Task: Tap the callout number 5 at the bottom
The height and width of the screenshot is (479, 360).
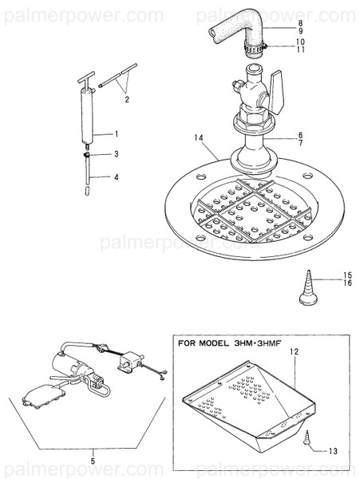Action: click(x=92, y=461)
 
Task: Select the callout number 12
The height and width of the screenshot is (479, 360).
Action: click(x=294, y=351)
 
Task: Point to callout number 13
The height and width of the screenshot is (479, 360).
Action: click(x=332, y=451)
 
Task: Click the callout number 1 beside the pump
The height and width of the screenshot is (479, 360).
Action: click(x=116, y=133)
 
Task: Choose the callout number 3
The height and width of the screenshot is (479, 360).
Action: click(x=116, y=153)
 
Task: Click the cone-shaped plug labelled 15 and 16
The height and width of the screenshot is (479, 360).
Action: click(x=307, y=288)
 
